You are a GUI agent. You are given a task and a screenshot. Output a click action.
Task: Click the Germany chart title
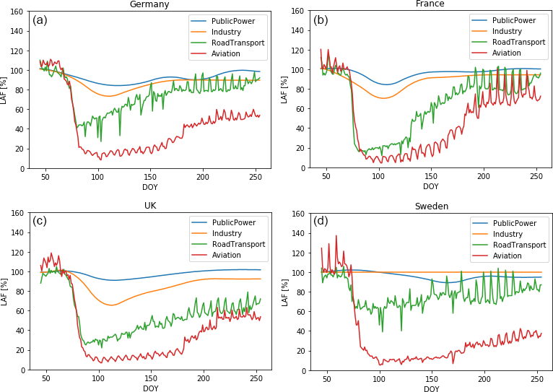coord(149,4)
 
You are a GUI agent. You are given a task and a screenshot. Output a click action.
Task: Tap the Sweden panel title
coord(431,206)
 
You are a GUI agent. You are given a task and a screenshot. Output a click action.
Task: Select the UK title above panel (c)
coord(150,206)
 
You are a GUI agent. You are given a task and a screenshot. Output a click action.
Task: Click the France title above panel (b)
coord(430,4)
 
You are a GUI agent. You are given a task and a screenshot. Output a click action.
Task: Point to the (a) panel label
coord(40,20)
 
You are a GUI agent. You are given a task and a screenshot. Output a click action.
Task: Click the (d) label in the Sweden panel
coord(321,220)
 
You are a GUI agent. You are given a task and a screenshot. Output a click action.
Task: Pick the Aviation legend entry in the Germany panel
coord(226,53)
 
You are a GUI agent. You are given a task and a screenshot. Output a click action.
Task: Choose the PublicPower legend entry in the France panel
coord(513,20)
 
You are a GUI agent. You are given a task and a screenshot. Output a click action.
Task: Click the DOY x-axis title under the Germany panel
coord(150,186)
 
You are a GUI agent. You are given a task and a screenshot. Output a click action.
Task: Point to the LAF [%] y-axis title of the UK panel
coord(5,292)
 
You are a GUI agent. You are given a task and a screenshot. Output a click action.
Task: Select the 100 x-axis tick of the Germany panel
coord(97,177)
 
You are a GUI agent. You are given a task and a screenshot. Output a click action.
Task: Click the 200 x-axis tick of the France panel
coord(484,177)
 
